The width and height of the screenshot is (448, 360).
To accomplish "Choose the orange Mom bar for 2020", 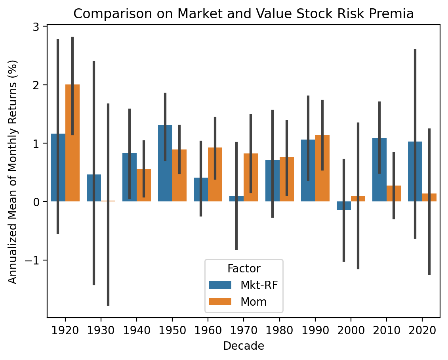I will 429,197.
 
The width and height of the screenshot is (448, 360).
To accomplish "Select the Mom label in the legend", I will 254,302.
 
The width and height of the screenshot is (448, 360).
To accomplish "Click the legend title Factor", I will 244,269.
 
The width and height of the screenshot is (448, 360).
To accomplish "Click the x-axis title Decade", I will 244,346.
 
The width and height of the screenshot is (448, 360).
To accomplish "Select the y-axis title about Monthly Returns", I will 13,171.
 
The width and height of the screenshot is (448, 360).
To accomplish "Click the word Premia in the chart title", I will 395,14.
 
